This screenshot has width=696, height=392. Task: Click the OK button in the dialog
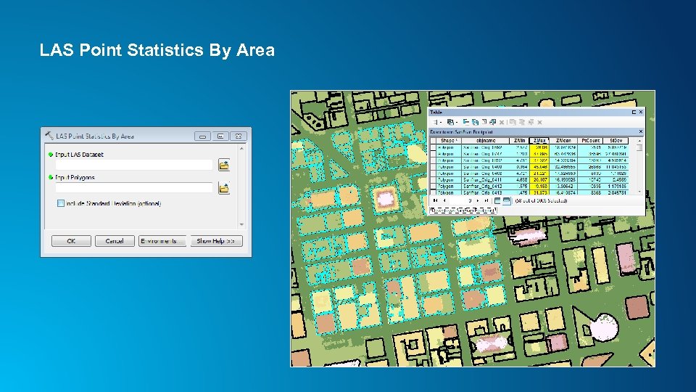coord(71,241)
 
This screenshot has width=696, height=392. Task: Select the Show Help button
coord(216,241)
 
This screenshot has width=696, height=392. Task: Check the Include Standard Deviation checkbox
coord(61,203)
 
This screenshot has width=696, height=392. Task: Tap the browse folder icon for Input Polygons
coord(224,188)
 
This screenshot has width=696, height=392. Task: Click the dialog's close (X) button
coord(239,136)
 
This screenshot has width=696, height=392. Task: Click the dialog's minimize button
coord(203,136)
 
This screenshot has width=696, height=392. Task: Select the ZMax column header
coord(539,141)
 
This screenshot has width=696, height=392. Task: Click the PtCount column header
coord(591,141)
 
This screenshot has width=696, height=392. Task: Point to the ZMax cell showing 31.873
coord(539,192)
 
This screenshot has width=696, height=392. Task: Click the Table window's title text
coord(436,113)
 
